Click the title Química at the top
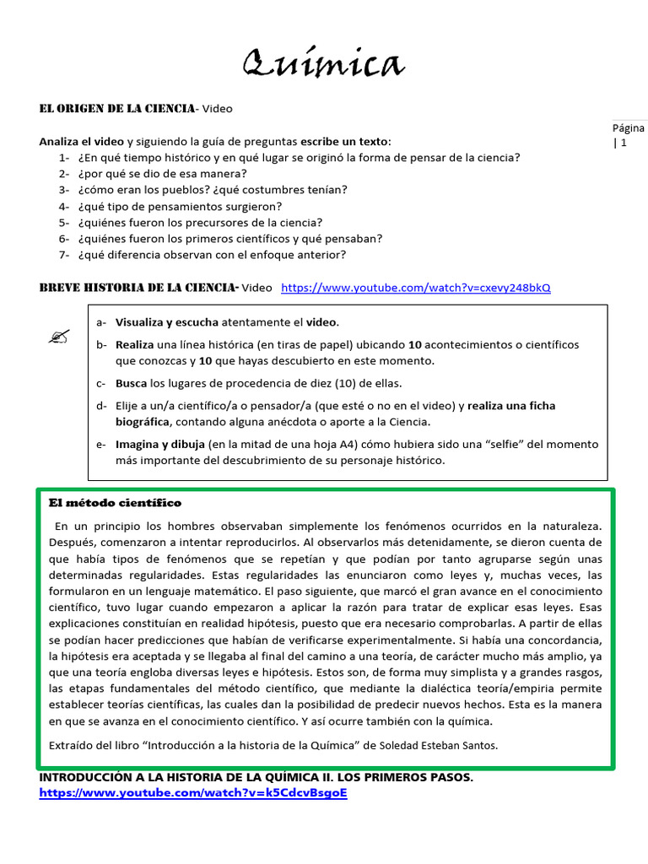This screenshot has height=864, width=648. pos(323,63)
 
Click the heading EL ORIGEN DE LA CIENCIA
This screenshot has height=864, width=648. pos(117,109)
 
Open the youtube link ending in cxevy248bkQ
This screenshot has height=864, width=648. pos(415,288)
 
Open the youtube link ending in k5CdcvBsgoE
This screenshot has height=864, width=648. pos(192,794)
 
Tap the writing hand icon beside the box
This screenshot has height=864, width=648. pos(58,337)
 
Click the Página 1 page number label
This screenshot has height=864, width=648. pos(627,135)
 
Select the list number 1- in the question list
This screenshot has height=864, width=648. pos(64,158)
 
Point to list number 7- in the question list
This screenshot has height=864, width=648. pos(64,255)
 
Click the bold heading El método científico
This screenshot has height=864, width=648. pos(115,503)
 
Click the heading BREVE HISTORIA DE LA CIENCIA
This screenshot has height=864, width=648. pos(139,288)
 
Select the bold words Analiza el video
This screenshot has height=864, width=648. pos(81,141)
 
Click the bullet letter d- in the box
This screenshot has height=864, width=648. pos(101,406)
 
